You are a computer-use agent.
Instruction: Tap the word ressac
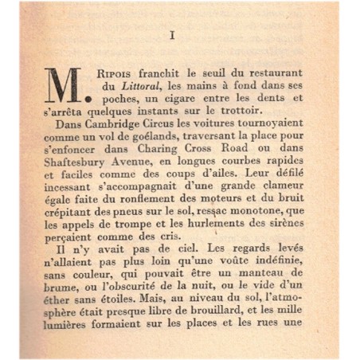coord(209,225)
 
